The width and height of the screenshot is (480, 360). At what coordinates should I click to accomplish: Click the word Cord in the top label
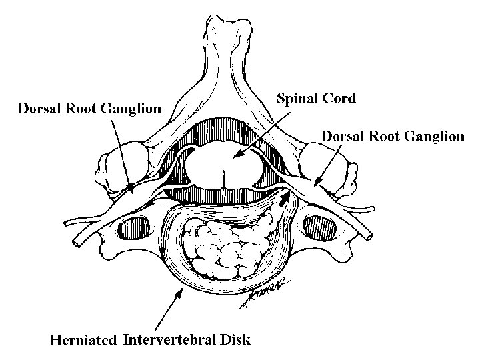[x=341, y=99]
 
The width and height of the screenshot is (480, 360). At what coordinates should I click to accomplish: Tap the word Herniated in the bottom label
[x=85, y=340]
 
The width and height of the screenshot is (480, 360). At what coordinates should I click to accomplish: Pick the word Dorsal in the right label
[x=344, y=136]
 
